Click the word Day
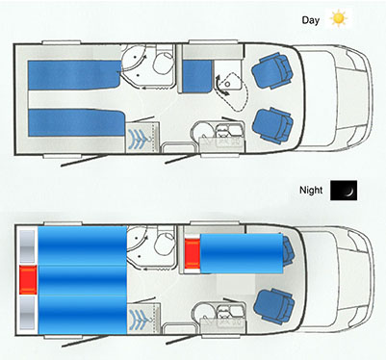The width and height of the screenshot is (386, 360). click(310, 20)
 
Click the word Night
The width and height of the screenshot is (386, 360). click(311, 190)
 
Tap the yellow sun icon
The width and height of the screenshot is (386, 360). click(339, 18)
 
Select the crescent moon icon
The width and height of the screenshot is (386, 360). click(344, 191)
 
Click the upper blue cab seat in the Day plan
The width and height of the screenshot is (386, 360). click(272, 71)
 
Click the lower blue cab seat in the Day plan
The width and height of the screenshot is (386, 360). click(272, 125)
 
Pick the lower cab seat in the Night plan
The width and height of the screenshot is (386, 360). click(274, 305)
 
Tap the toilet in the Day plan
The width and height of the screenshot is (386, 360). click(164, 63)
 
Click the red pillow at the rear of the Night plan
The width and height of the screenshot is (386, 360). click(28, 280)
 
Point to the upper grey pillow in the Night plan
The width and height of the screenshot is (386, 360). click(27, 246)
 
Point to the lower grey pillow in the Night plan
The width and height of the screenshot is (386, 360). click(27, 313)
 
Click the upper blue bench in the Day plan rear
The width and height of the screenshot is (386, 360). click(74, 75)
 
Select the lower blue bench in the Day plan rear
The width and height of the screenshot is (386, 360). click(76, 122)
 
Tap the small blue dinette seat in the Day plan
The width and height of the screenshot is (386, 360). click(196, 76)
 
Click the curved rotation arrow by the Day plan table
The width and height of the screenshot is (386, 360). click(220, 85)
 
